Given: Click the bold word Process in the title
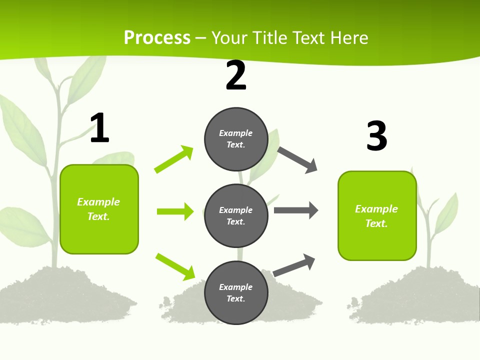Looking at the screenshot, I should click(x=157, y=38).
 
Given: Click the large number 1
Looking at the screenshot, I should click(x=99, y=128).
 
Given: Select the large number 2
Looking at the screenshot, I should click(x=236, y=75).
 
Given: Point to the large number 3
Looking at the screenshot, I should click(x=376, y=136).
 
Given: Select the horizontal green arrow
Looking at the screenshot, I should click(x=175, y=211).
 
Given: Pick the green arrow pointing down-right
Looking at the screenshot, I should click(x=175, y=266).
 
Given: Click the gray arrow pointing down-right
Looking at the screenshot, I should click(x=297, y=160).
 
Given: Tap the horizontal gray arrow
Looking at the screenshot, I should click(x=296, y=210).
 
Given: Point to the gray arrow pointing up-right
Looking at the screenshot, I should click(x=294, y=265).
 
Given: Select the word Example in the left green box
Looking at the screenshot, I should click(x=98, y=202).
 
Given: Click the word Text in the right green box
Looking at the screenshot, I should click(x=376, y=223).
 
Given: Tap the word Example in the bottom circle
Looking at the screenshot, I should click(x=235, y=287).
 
